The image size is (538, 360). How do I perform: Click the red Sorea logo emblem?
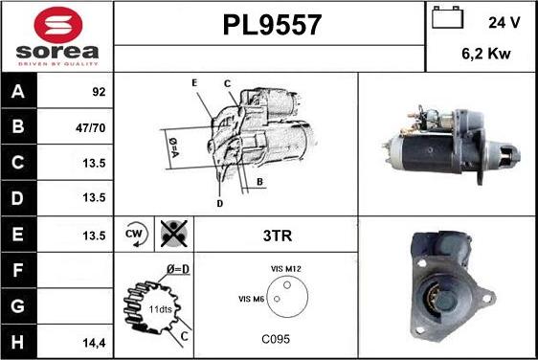58,25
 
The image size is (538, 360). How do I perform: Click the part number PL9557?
272,25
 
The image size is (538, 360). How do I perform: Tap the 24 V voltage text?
504,23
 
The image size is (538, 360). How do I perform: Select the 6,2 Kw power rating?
486,54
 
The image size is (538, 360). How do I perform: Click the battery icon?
447,17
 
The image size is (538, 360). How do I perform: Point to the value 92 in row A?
99,92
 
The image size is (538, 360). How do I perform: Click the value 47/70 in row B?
91,128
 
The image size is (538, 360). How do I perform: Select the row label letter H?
17,342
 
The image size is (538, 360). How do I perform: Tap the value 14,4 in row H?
94,343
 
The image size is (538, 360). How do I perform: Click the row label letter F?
17,270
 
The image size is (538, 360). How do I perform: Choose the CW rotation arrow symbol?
136,234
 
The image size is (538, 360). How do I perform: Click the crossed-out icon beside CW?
174,234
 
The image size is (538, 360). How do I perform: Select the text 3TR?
278,236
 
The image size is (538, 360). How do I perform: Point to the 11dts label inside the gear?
160,309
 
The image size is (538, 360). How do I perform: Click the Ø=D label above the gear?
178,269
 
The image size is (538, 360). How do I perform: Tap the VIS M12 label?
286,269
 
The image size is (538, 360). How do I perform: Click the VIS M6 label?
252,299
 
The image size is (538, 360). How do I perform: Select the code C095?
276,339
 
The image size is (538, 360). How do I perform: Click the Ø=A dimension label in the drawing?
173,147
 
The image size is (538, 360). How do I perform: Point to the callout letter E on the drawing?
194,82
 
